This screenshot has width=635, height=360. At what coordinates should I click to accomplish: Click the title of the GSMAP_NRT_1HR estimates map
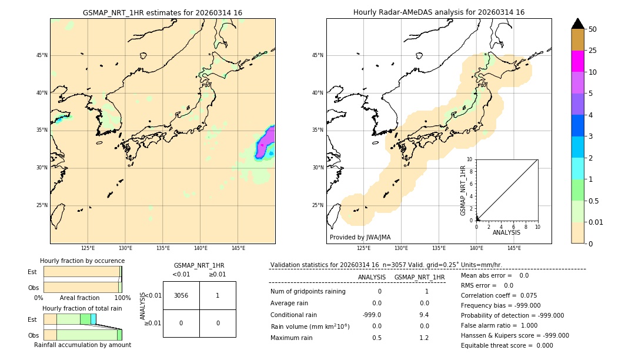pos(162,12)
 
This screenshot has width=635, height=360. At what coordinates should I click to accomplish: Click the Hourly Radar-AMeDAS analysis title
pos(439,12)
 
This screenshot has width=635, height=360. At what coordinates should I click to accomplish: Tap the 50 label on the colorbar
pos(593,29)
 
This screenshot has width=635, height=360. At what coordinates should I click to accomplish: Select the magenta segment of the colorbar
pos(577,61)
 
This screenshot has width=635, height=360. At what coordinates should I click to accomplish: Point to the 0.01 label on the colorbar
pos(596,222)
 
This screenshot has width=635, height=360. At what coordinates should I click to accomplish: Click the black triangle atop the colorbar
pos(577,24)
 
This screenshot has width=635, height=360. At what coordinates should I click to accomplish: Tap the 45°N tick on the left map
pos(42,55)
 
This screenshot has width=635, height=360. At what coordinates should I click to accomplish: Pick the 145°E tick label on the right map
pos(514,248)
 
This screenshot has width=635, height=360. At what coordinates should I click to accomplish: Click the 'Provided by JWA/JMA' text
pos(360,238)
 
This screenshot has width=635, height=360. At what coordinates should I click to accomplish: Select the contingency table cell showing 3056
pos(181,295)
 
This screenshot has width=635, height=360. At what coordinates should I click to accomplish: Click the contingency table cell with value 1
pos(218,295)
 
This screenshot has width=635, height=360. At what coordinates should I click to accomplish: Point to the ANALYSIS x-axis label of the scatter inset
pos(506,233)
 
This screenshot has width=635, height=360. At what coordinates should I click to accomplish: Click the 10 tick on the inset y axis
pos(470,159)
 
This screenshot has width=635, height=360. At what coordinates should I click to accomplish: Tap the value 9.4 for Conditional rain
pos(424,315)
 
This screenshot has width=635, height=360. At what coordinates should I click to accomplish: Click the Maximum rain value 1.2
pos(424,338)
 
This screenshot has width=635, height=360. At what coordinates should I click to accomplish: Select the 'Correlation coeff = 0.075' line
pos(499,295)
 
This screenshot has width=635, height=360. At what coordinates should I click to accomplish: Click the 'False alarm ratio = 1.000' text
pos(499,325)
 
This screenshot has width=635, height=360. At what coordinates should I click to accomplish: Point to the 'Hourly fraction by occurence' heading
pos(82,261)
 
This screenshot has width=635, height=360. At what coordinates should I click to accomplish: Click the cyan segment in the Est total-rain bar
pos(93,318)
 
